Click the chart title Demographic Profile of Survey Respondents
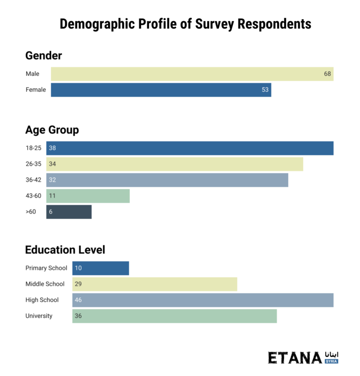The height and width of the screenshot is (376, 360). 185,24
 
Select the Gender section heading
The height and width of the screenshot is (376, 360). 44,56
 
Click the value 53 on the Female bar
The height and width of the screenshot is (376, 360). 265,90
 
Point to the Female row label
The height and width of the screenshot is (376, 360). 36,90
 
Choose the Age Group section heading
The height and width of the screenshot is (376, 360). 52,130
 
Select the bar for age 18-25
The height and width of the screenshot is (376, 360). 189,148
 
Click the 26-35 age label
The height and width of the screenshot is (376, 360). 33,164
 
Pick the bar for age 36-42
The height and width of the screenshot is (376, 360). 167,180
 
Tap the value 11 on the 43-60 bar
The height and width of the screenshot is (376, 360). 52,196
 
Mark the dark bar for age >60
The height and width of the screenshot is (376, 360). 69,212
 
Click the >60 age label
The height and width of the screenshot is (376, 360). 30,212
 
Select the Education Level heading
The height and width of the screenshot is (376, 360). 65,250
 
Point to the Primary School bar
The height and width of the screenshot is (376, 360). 100,268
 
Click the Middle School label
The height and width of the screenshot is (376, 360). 45,284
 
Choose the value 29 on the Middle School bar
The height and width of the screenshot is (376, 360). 78,284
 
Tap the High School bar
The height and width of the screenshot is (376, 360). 202,300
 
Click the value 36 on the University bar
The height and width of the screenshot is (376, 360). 78,316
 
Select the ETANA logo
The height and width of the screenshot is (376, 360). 303,357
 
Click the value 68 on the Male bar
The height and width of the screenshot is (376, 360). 328,74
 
